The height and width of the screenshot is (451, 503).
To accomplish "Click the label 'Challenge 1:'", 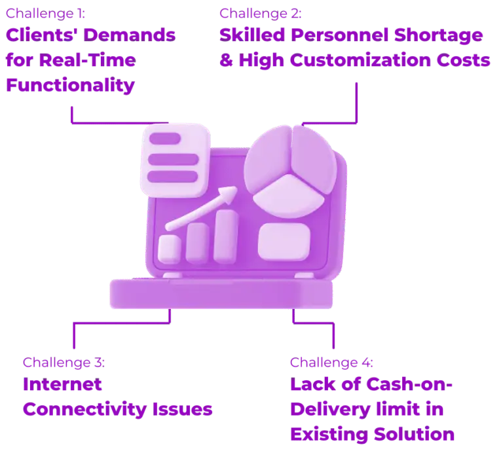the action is pyautogui.click(x=46, y=14).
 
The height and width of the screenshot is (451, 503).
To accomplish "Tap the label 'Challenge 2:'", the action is pyautogui.click(x=261, y=14).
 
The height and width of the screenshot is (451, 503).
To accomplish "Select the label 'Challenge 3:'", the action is pyautogui.click(x=64, y=363).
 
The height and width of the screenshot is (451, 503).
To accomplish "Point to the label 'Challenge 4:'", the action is pyautogui.click(x=331, y=363).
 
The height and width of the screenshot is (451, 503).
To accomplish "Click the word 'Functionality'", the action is pyautogui.click(x=70, y=86).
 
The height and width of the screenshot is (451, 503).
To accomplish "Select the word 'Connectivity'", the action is pyautogui.click(x=84, y=410).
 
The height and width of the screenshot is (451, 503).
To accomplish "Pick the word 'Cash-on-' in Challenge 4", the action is pyautogui.click(x=409, y=384).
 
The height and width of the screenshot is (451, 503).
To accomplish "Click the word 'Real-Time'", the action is pyautogui.click(x=88, y=60).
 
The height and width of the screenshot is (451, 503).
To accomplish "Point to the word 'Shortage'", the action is pyautogui.click(x=438, y=35).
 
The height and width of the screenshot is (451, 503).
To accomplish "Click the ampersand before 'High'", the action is pyautogui.click(x=226, y=60).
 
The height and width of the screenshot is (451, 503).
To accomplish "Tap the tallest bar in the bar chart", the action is pyautogui.click(x=225, y=236).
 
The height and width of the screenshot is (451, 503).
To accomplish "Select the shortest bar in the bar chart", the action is pyautogui.click(x=170, y=249).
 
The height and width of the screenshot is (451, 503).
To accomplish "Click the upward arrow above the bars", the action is pyautogui.click(x=201, y=208).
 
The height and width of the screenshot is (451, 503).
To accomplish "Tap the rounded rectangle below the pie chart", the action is pyautogui.click(x=284, y=242).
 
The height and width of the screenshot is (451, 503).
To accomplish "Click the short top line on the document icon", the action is pyautogui.click(x=165, y=139).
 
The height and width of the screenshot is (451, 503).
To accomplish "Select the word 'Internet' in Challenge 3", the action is pyautogui.click(x=63, y=384).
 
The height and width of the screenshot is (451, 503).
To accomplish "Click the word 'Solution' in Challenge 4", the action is pyautogui.click(x=414, y=435).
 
